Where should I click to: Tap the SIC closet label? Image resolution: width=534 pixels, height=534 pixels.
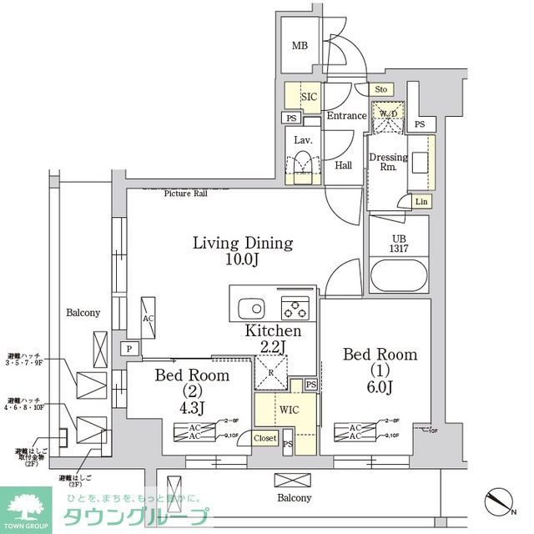pos(308,97)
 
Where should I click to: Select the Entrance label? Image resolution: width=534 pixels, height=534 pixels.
pos(346,116)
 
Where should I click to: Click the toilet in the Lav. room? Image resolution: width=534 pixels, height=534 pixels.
pos(302,162)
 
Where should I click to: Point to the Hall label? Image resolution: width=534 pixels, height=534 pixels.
pos(344,165)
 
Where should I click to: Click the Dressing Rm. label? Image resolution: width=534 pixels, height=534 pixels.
pos(388,162)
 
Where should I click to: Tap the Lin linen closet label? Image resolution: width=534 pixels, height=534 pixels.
pos(421,202)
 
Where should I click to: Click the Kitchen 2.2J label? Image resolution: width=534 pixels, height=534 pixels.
pos(272,340)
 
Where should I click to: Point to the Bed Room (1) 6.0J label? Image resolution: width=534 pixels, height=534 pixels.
pos(380,371)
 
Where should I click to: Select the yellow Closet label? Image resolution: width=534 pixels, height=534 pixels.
pos(264,438)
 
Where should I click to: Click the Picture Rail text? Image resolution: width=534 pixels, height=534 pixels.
pos(185,193)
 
